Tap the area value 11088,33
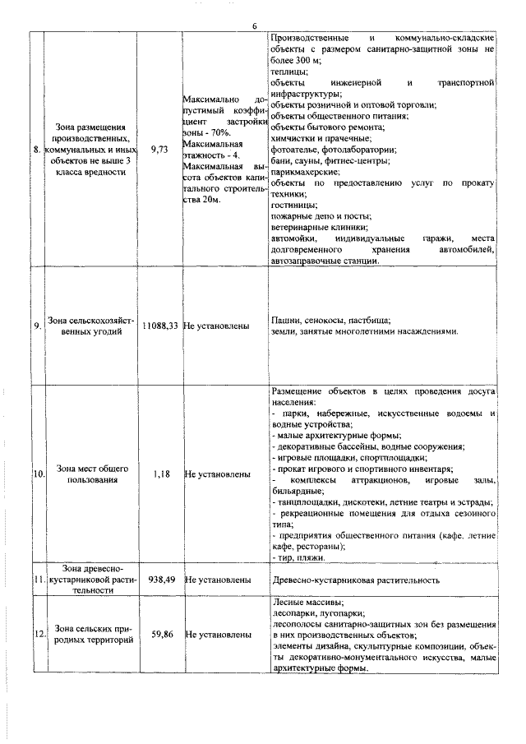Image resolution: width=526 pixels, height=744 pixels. pos(160,326)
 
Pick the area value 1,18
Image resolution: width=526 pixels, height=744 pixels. pos(161,474)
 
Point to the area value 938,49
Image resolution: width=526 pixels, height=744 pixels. pos(161,580)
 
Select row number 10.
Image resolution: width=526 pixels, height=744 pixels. pos(38,475)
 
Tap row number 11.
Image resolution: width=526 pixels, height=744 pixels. pos(38,580)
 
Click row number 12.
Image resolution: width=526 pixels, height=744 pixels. pos(38,635)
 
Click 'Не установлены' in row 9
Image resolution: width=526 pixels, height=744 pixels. pos(218,326)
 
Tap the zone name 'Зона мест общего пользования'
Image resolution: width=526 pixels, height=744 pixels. pos(91,474)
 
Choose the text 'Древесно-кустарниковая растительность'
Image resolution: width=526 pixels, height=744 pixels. pos(354,580)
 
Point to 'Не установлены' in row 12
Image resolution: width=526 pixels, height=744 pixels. pos(218,635)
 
